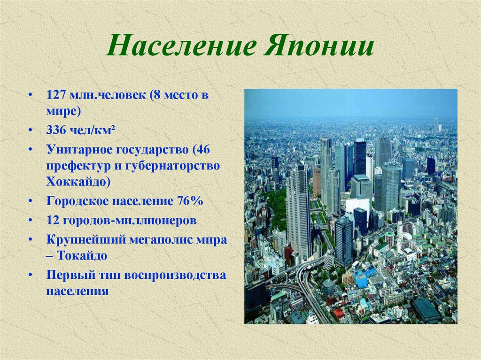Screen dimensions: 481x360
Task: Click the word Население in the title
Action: pyautogui.click(x=181, y=46)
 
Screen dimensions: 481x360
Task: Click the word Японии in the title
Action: pyautogui.click(x=318, y=46)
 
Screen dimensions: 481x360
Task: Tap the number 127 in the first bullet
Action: pyautogui.click(x=56, y=95)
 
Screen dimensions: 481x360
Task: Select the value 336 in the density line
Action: pyautogui.click(x=56, y=130)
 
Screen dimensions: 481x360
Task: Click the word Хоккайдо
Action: pyautogui.click(x=78, y=182)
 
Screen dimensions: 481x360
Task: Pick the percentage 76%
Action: pyautogui.click(x=190, y=201)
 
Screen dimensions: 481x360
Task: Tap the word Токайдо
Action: pyautogui.click(x=82, y=255)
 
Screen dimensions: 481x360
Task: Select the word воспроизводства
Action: pyautogui.click(x=175, y=275)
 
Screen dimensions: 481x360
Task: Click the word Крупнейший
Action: pyautogui.click(x=85, y=239)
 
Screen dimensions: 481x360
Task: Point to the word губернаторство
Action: pyautogui.click(x=172, y=166)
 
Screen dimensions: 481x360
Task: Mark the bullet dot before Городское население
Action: pyautogui.click(x=30, y=201)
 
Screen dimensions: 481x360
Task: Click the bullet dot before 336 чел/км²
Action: pyautogui.click(x=30, y=130)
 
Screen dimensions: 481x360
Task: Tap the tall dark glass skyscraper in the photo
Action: pyautogui.click(x=360, y=156)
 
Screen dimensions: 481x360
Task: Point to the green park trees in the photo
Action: pyautogui.click(x=278, y=206)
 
